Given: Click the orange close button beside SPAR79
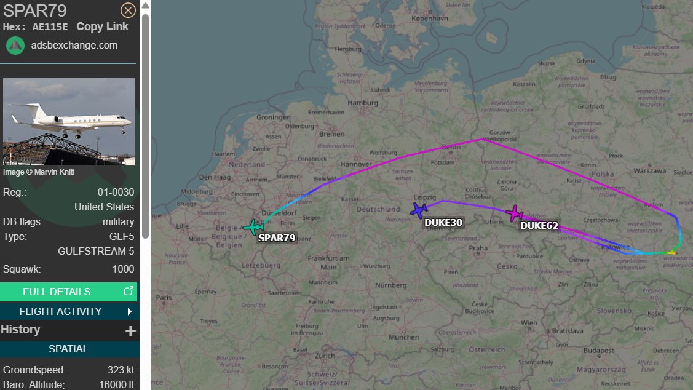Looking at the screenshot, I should (128, 10).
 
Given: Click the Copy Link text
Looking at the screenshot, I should (102, 26).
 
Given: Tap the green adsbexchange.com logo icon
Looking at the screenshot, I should (15, 46).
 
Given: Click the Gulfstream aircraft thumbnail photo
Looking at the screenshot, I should (69, 121).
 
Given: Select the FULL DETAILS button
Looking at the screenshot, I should (68, 292).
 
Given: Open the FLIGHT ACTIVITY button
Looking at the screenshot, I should (68, 311).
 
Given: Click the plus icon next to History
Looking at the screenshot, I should (130, 331).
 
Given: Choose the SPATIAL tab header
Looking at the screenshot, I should (68, 349).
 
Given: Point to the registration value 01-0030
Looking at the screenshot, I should (116, 192).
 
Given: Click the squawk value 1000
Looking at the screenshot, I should (123, 269).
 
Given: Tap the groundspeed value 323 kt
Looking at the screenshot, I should (121, 370).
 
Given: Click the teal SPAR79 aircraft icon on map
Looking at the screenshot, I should (252, 227).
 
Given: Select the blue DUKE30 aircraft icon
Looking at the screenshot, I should (419, 210).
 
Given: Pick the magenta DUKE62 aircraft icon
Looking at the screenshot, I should (513, 213).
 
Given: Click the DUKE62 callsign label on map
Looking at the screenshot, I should (539, 226).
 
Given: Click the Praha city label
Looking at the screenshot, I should (478, 249).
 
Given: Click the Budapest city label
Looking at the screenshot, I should (600, 350).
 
